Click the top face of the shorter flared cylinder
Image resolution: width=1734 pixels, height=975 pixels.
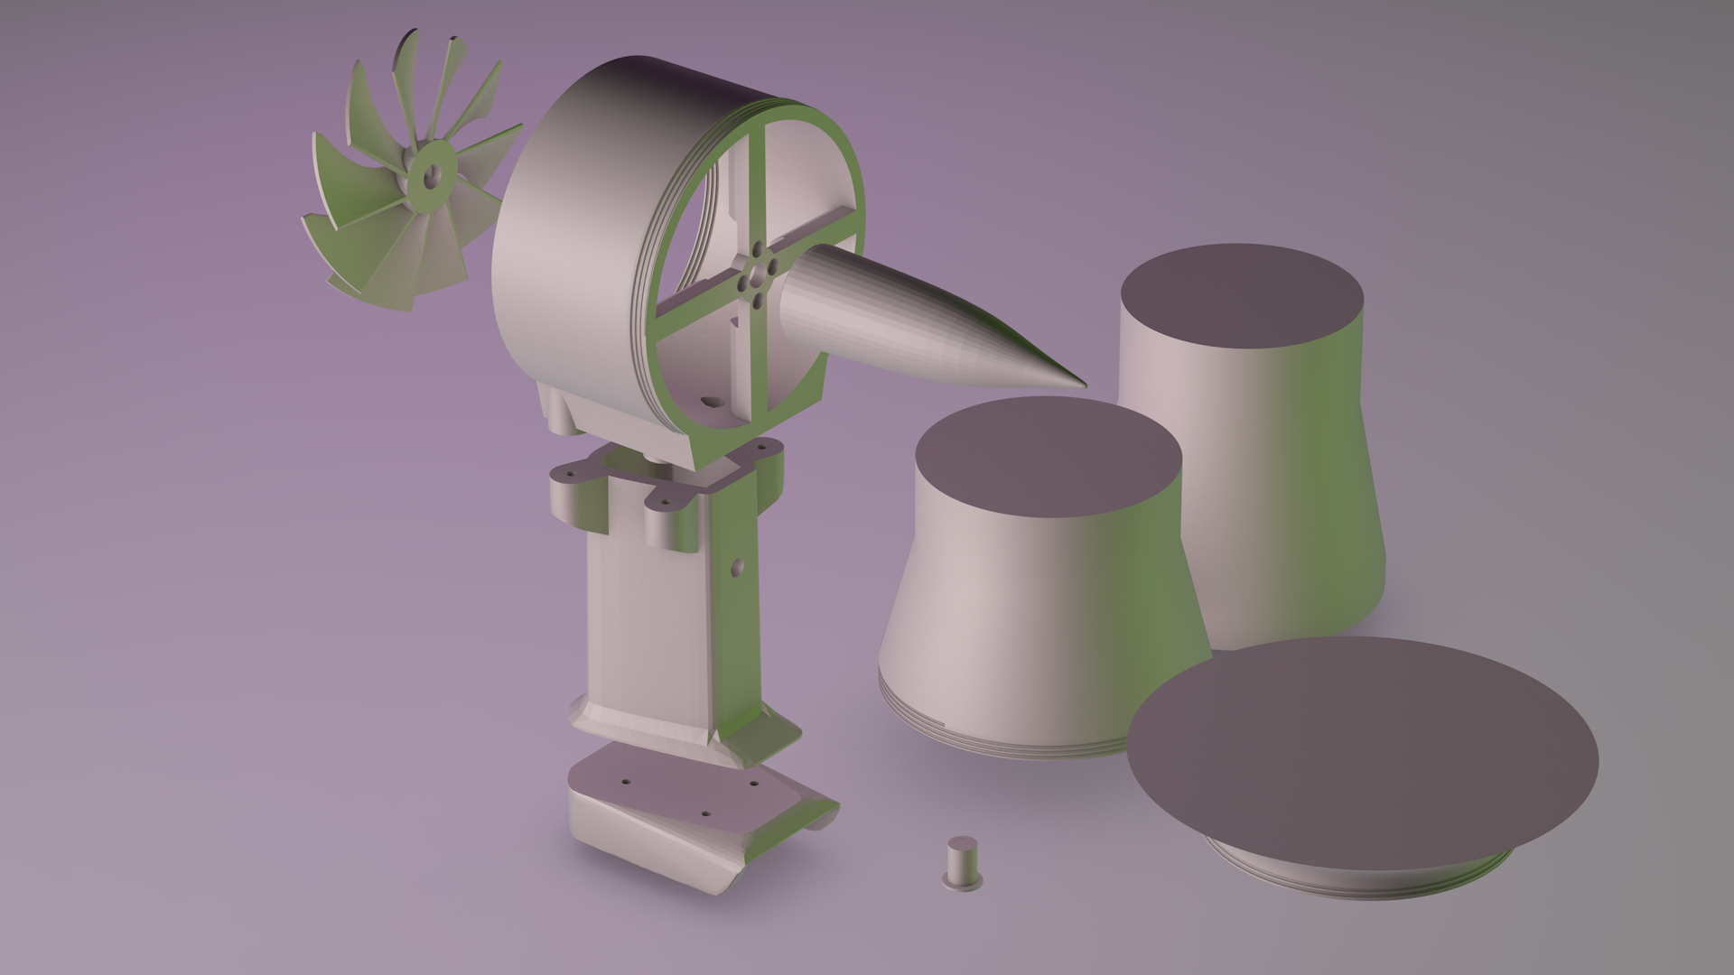pyautogui.click(x=1048, y=456)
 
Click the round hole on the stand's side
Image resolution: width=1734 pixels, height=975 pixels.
pyautogui.click(x=737, y=567)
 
